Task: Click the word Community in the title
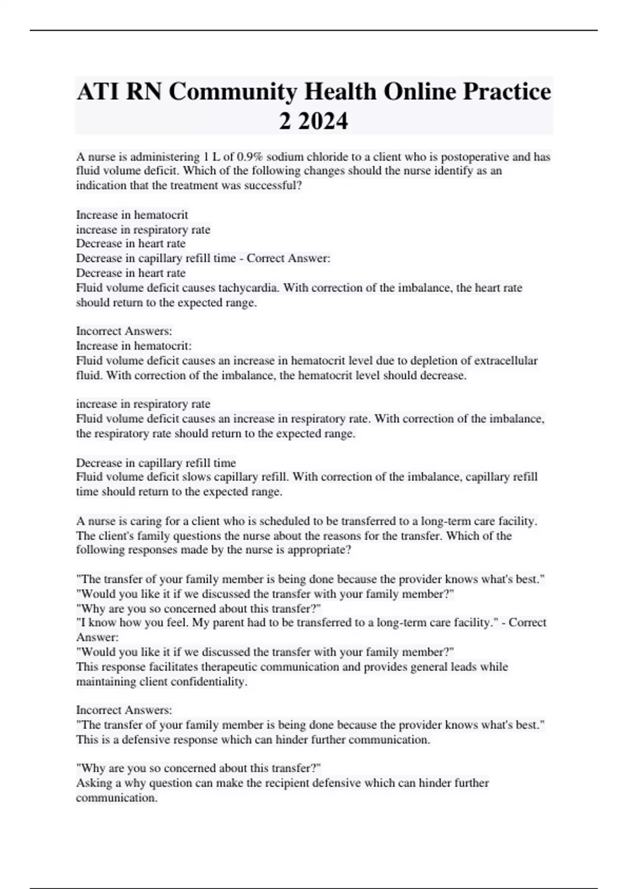tap(233, 92)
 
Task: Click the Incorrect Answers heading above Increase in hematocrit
tap(124, 331)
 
